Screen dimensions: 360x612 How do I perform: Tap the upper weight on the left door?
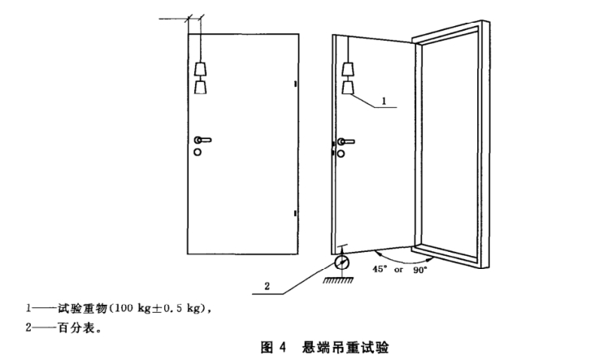(x=200, y=67)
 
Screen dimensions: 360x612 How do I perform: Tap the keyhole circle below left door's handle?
(x=197, y=151)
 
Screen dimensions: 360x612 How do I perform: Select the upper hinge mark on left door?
(x=295, y=84)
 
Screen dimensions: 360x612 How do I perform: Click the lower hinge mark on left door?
(x=295, y=214)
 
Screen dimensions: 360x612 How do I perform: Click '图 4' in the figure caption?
(x=272, y=348)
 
